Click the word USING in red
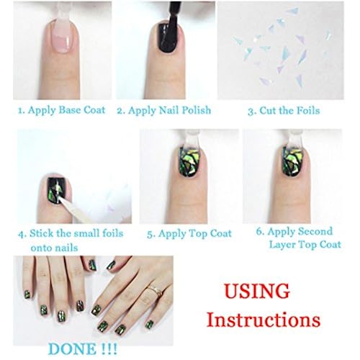(257, 291)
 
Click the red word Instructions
(264, 320)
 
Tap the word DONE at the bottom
(72, 348)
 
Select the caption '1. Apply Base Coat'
(62, 110)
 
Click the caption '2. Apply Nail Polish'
(164, 110)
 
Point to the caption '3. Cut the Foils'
(284, 111)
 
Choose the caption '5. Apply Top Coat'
(189, 233)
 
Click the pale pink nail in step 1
(63, 36)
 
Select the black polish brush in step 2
(172, 16)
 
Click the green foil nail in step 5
(189, 162)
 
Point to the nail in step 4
(57, 190)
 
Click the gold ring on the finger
(155, 289)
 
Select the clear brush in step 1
(63, 12)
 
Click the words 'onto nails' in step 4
(55, 248)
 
